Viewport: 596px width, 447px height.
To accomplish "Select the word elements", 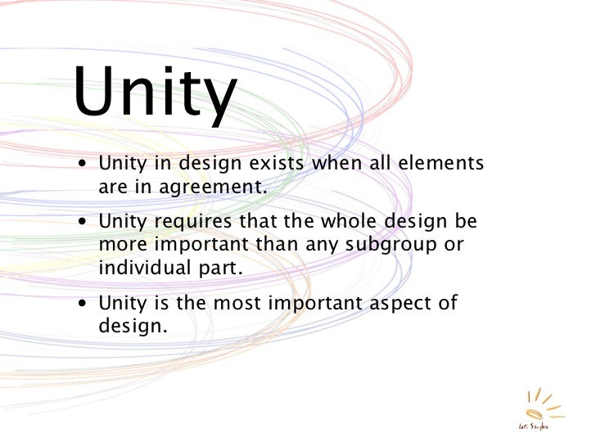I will pos(441,164).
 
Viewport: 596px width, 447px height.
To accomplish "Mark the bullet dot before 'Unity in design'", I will pos(85,165).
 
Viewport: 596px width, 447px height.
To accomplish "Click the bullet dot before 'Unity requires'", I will pos(85,223).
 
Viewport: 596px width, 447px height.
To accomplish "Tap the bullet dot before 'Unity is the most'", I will pos(85,304).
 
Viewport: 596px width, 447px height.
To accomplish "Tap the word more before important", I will pos(121,245).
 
